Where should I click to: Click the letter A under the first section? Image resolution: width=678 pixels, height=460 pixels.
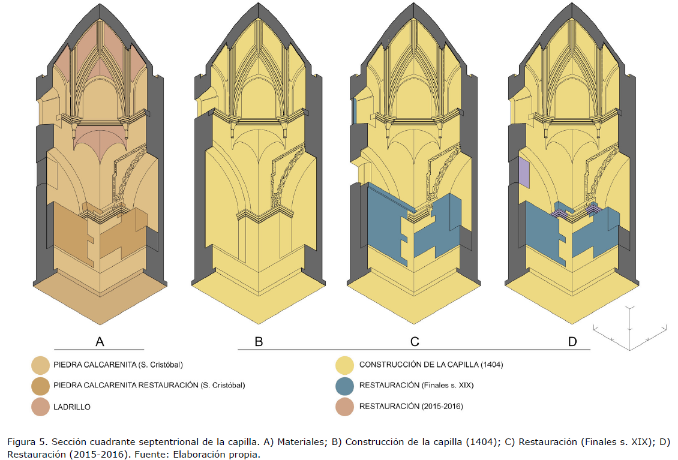100,341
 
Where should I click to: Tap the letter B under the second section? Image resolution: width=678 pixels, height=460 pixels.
259,341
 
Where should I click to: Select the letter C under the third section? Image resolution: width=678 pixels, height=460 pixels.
415,341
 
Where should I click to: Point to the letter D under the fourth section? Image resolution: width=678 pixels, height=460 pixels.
572,341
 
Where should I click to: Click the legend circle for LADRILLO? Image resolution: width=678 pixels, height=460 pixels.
41,407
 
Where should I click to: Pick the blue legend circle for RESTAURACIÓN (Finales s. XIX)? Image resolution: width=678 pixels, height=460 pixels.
344,386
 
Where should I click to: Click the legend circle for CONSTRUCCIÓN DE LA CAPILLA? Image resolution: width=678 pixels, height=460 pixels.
344,365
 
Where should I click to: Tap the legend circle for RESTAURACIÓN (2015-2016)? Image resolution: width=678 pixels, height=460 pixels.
344,407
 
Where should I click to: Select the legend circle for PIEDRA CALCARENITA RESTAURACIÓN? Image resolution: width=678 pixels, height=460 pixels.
41,386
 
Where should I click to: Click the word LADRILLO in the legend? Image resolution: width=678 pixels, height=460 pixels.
72,407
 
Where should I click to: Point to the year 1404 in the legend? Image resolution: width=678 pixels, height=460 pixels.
491,365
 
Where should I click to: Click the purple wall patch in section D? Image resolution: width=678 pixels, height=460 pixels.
524,173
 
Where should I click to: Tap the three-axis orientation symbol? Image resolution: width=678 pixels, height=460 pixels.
629,329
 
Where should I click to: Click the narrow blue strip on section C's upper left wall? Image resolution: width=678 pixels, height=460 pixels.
354,111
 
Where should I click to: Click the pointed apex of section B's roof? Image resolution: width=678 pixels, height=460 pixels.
259,4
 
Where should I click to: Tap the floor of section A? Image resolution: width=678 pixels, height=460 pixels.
100,298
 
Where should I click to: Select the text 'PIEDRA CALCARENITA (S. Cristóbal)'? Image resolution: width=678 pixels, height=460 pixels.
118,365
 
